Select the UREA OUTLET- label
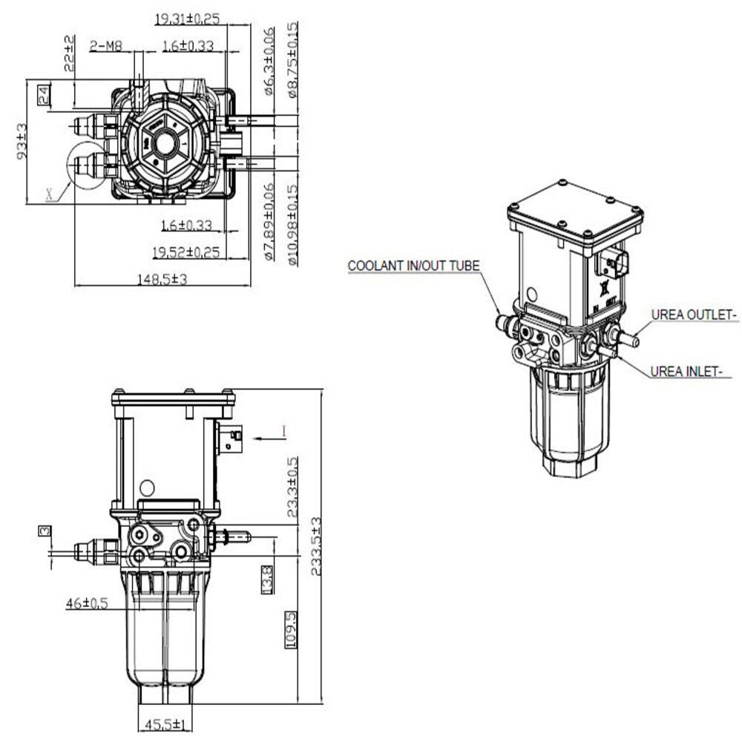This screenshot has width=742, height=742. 694,315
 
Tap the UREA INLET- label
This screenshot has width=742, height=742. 686,371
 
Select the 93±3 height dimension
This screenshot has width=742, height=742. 22,141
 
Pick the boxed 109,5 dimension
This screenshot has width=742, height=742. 291,629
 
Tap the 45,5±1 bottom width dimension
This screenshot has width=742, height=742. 164,724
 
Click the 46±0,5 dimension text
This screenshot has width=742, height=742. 87,603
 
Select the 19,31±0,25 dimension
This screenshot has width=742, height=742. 188,19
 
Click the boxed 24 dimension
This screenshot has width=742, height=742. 43,93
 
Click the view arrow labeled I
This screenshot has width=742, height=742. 283,430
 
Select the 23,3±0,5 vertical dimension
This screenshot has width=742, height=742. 292,486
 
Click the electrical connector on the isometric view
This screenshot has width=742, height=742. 614,263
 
